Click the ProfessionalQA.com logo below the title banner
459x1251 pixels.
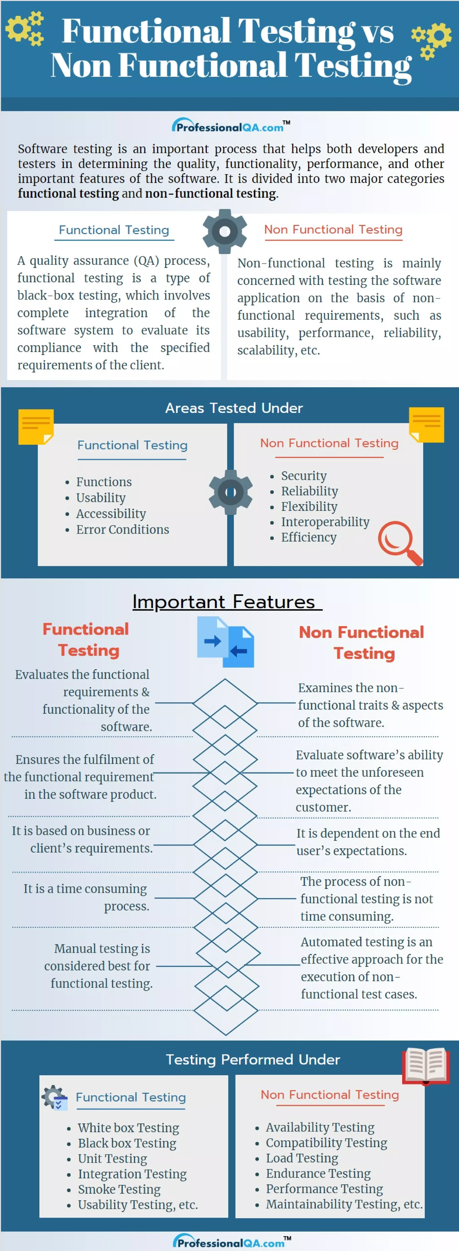tap(230, 126)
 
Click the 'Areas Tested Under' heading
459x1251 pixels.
tap(234, 408)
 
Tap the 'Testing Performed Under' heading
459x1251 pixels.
tap(253, 1059)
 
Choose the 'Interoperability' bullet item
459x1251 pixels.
tap(325, 522)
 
